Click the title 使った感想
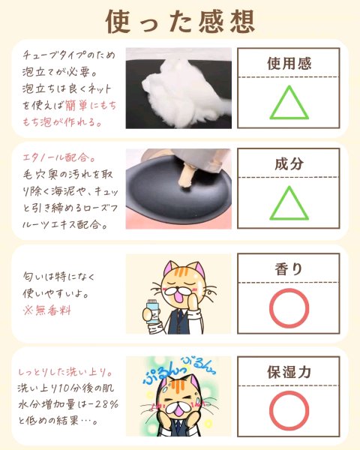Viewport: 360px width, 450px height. tap(180, 22)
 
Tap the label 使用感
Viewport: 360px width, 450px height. tap(289, 64)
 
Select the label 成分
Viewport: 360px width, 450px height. tap(289, 163)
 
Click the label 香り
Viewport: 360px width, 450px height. tap(289, 269)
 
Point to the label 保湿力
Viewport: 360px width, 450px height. tap(289, 372)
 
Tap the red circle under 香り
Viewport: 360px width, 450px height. tap(289, 308)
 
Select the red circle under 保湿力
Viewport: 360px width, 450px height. tap(289, 411)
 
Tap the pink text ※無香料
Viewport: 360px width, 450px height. tap(47, 310)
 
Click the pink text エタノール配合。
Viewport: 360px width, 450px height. tap(59, 157)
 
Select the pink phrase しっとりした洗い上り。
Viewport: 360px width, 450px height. tap(65, 372)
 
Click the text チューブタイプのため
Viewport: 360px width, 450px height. tap(69, 55)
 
